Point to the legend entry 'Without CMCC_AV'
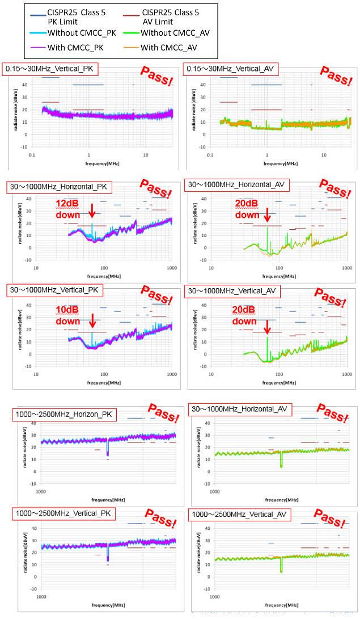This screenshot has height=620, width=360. [175, 33]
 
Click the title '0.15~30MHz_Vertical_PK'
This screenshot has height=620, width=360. [50, 69]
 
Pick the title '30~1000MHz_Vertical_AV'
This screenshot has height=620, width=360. [231, 291]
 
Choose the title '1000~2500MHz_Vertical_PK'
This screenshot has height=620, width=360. [63, 514]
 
